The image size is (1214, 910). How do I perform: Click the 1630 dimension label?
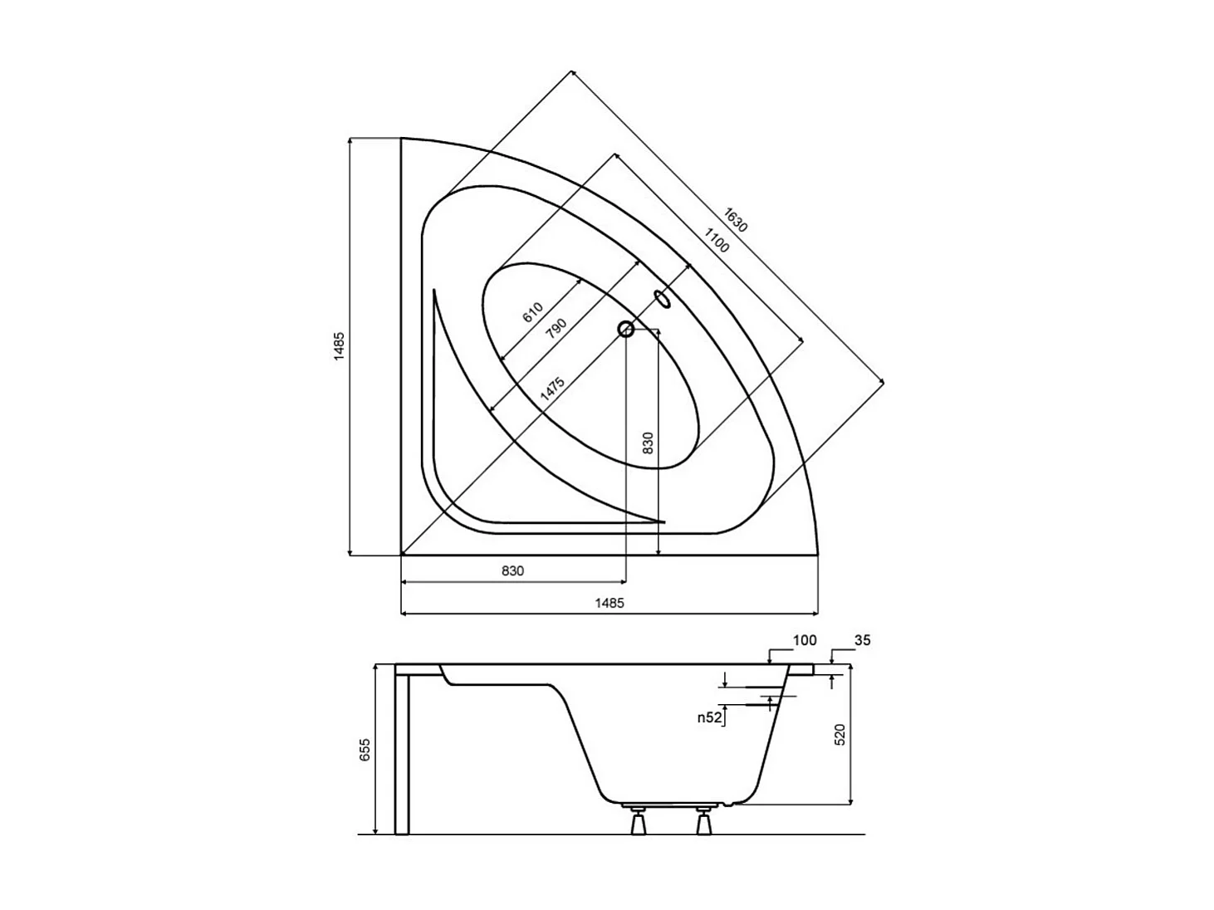coord(735,220)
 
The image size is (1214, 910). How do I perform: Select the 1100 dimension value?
coord(716,239)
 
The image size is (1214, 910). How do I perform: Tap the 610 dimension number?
coord(532,313)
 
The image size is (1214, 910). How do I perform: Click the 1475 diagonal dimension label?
coord(552,389)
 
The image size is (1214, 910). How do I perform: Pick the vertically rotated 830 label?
coord(649,443)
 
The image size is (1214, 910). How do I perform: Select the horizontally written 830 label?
coord(512,571)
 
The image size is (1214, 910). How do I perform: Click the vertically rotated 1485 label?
coord(339,346)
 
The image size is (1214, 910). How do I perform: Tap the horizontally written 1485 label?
coord(609,603)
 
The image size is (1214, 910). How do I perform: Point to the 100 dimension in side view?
coord(805,640)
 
